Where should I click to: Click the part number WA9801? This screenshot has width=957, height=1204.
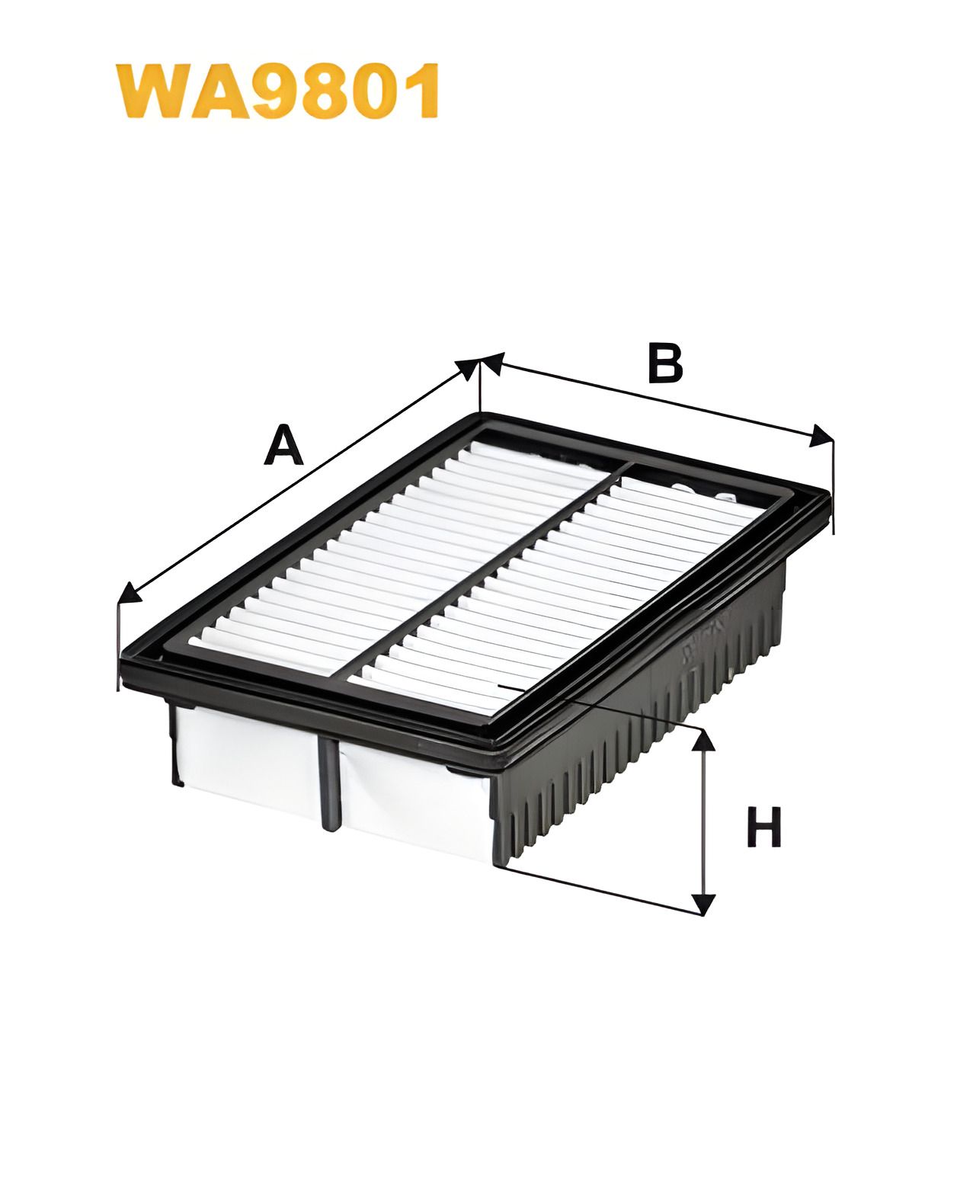[x=277, y=91]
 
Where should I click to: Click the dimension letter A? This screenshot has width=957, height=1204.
[x=283, y=445]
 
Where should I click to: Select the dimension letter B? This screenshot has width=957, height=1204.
[x=665, y=363]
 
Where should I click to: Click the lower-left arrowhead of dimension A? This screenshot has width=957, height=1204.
[x=130, y=593]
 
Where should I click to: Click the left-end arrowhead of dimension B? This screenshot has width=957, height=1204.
[x=492, y=362]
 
